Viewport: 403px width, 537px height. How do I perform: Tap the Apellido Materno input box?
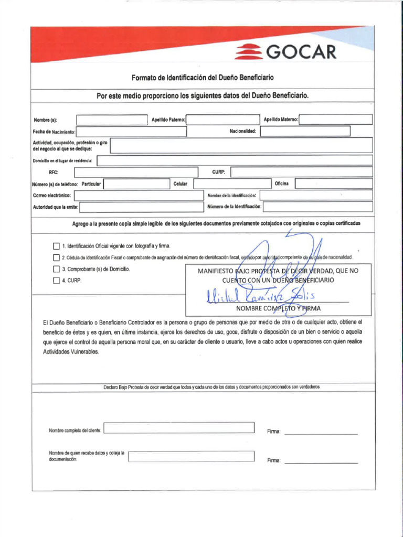(335, 120)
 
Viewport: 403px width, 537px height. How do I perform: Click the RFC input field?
(136, 172)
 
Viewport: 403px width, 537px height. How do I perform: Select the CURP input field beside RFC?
(301, 172)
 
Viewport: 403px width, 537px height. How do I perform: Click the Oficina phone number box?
(333, 184)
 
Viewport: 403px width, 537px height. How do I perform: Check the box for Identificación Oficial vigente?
(56, 246)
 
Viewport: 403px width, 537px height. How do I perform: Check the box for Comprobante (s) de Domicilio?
(56, 269)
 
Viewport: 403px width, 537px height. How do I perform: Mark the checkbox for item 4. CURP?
(56, 281)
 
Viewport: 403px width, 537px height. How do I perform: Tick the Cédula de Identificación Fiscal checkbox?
(56, 257)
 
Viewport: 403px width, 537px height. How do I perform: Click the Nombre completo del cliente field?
(179, 428)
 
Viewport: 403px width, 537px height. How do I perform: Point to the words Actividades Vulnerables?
(70, 352)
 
